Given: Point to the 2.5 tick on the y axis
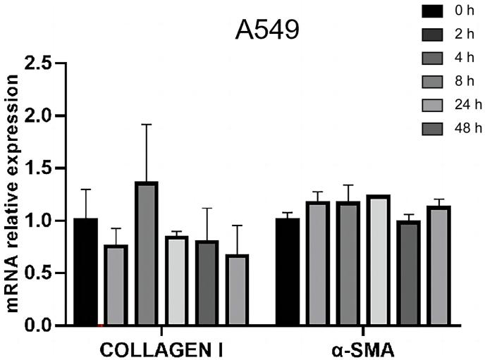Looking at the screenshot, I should coord(40,63).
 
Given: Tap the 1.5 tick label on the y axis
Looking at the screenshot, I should coord(40,168).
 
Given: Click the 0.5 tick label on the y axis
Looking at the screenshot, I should coord(40,273).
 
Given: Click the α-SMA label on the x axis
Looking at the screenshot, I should coord(363,349).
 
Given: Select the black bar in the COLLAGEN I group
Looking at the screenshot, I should coord(85,272).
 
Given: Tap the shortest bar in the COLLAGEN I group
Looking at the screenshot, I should coord(238,290).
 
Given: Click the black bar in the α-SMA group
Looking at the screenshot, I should coord(288,272).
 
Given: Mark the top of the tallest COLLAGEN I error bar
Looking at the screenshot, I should coord(147,125).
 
